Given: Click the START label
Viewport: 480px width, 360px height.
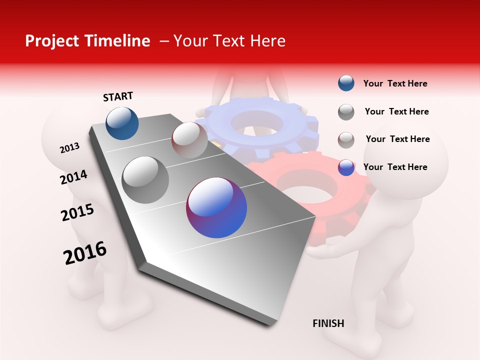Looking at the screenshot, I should click(x=118, y=96).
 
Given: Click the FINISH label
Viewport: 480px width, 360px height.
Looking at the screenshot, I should click(x=328, y=323).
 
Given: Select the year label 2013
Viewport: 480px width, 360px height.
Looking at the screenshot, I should click(x=69, y=148).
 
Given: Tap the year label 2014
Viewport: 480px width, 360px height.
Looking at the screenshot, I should click(x=73, y=177).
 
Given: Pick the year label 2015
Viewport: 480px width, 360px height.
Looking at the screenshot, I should click(x=77, y=212).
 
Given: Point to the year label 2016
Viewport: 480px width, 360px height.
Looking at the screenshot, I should click(x=85, y=253).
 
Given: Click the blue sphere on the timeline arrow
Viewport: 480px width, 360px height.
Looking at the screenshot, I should click(x=122, y=123).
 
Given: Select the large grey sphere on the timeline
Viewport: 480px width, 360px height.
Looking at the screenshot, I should click(x=145, y=179).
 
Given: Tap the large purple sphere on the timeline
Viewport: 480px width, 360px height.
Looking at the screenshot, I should click(x=216, y=207).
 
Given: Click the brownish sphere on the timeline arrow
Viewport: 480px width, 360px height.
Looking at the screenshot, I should click(x=189, y=140).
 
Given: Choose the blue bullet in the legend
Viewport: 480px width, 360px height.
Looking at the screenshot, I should click(x=346, y=83).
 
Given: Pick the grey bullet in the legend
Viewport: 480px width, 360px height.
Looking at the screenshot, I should click(x=346, y=111).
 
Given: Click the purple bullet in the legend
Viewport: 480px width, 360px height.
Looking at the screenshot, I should click(x=346, y=167).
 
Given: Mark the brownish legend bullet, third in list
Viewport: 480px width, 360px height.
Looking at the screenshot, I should click(x=346, y=140).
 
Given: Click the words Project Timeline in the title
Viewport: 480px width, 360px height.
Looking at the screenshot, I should click(x=87, y=41).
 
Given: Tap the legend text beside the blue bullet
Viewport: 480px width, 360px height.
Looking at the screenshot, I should click(x=395, y=83).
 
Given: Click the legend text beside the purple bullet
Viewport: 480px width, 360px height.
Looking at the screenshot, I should click(x=395, y=167).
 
